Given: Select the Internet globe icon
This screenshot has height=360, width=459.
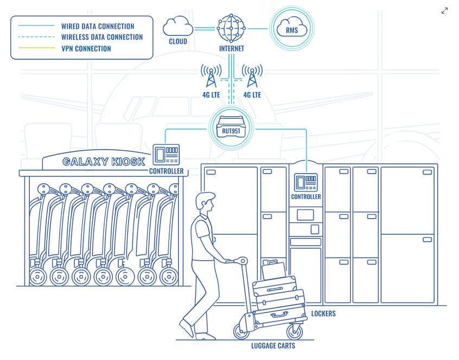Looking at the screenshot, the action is tap(231, 29).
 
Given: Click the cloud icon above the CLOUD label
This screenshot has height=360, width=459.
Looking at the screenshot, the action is tap(178, 26).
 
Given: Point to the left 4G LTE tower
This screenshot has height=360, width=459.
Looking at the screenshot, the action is tap(211, 76).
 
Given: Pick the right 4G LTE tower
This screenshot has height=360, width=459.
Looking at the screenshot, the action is tap(252, 76).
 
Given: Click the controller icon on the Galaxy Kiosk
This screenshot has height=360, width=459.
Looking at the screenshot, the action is tap(166, 155).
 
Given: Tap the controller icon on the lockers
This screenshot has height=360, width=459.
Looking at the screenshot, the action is tap(305, 183).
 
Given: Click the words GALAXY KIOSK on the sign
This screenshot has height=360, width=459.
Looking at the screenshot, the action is tap(104, 162).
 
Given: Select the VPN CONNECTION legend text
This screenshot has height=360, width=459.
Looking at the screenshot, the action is tap(86, 49).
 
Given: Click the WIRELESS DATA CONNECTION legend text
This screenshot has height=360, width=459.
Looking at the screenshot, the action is tap(102, 37).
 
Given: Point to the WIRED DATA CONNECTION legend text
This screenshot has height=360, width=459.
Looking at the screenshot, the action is tap(98, 27).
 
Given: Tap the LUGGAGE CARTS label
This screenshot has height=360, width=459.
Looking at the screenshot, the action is tap(273, 346).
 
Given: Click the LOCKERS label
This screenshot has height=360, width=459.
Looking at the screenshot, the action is tap(323, 313).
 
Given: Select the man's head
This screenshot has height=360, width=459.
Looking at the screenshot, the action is tap(205, 203).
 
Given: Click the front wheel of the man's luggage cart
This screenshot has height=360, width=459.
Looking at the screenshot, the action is tap(295, 331).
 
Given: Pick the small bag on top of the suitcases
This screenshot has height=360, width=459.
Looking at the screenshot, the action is tap(273, 269).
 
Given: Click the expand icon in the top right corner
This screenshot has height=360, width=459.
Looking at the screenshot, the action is tap(444, 11).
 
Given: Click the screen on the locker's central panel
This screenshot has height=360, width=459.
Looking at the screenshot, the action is tap(305, 215).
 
